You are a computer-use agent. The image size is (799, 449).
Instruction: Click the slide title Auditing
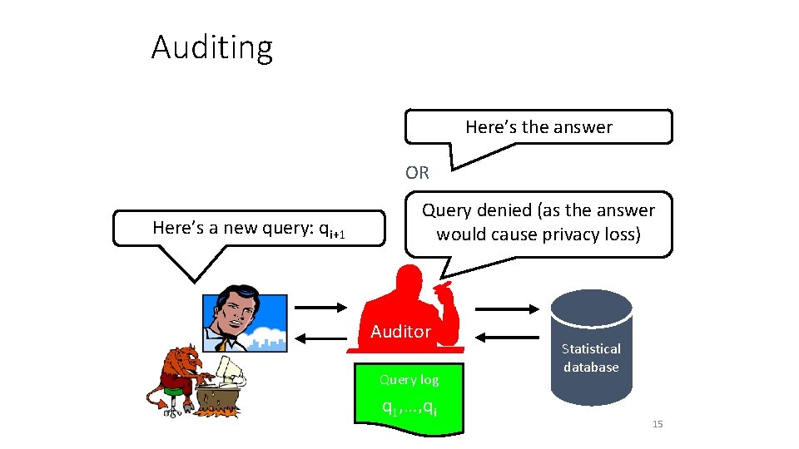point(211,47)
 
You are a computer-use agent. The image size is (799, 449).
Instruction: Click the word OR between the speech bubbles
point(417,173)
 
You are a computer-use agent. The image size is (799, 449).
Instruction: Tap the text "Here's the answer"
point(538,127)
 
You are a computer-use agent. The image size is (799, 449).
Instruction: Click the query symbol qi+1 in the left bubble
point(332,229)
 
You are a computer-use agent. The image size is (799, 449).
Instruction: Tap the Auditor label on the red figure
point(400,332)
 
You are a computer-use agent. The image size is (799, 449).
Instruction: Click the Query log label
point(409,379)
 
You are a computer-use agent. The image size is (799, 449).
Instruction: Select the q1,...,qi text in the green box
point(409,407)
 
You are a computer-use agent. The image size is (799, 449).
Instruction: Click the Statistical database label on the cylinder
point(591,358)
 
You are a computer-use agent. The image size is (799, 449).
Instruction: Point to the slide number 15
point(658,425)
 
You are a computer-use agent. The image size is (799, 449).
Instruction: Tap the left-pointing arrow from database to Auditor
point(509,338)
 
